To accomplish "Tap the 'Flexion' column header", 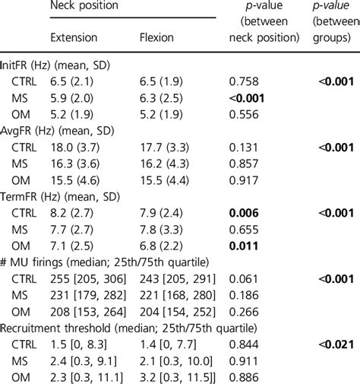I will click(158, 36).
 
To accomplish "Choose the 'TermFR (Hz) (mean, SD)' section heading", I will click(58, 194).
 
